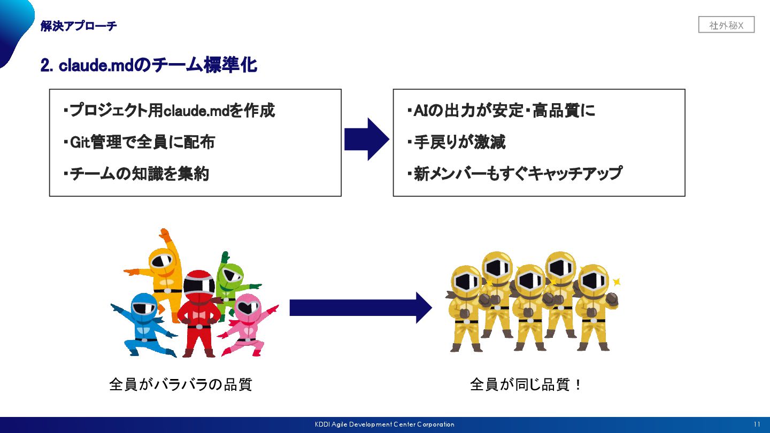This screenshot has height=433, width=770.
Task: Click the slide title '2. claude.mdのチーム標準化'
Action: point(149,65)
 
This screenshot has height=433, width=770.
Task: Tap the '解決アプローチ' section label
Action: point(79,26)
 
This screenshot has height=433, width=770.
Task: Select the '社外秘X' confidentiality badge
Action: point(726,25)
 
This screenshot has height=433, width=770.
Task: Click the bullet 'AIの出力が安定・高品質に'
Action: point(500,111)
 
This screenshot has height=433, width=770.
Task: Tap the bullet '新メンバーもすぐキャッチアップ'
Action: point(514,174)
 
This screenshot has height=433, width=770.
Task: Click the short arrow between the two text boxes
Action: point(366,140)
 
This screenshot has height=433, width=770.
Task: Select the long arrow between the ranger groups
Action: point(360,308)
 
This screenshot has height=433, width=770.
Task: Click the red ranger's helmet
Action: point(199,285)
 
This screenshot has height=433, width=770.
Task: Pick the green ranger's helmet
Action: point(230,276)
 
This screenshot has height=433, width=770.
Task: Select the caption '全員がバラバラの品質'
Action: point(180,384)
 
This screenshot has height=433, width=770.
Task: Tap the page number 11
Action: point(757,424)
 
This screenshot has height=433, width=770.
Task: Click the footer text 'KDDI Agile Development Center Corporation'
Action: point(384,424)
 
